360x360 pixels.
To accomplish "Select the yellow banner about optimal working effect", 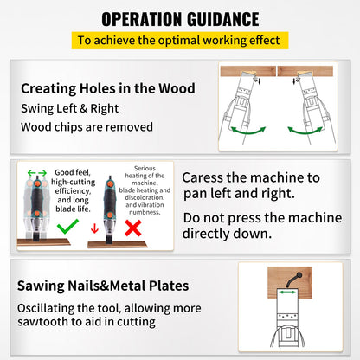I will [179, 40].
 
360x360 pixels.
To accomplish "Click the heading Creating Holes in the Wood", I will [108, 88].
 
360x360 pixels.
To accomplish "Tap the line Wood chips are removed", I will [87, 128].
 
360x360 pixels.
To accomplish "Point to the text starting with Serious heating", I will [145, 190].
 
